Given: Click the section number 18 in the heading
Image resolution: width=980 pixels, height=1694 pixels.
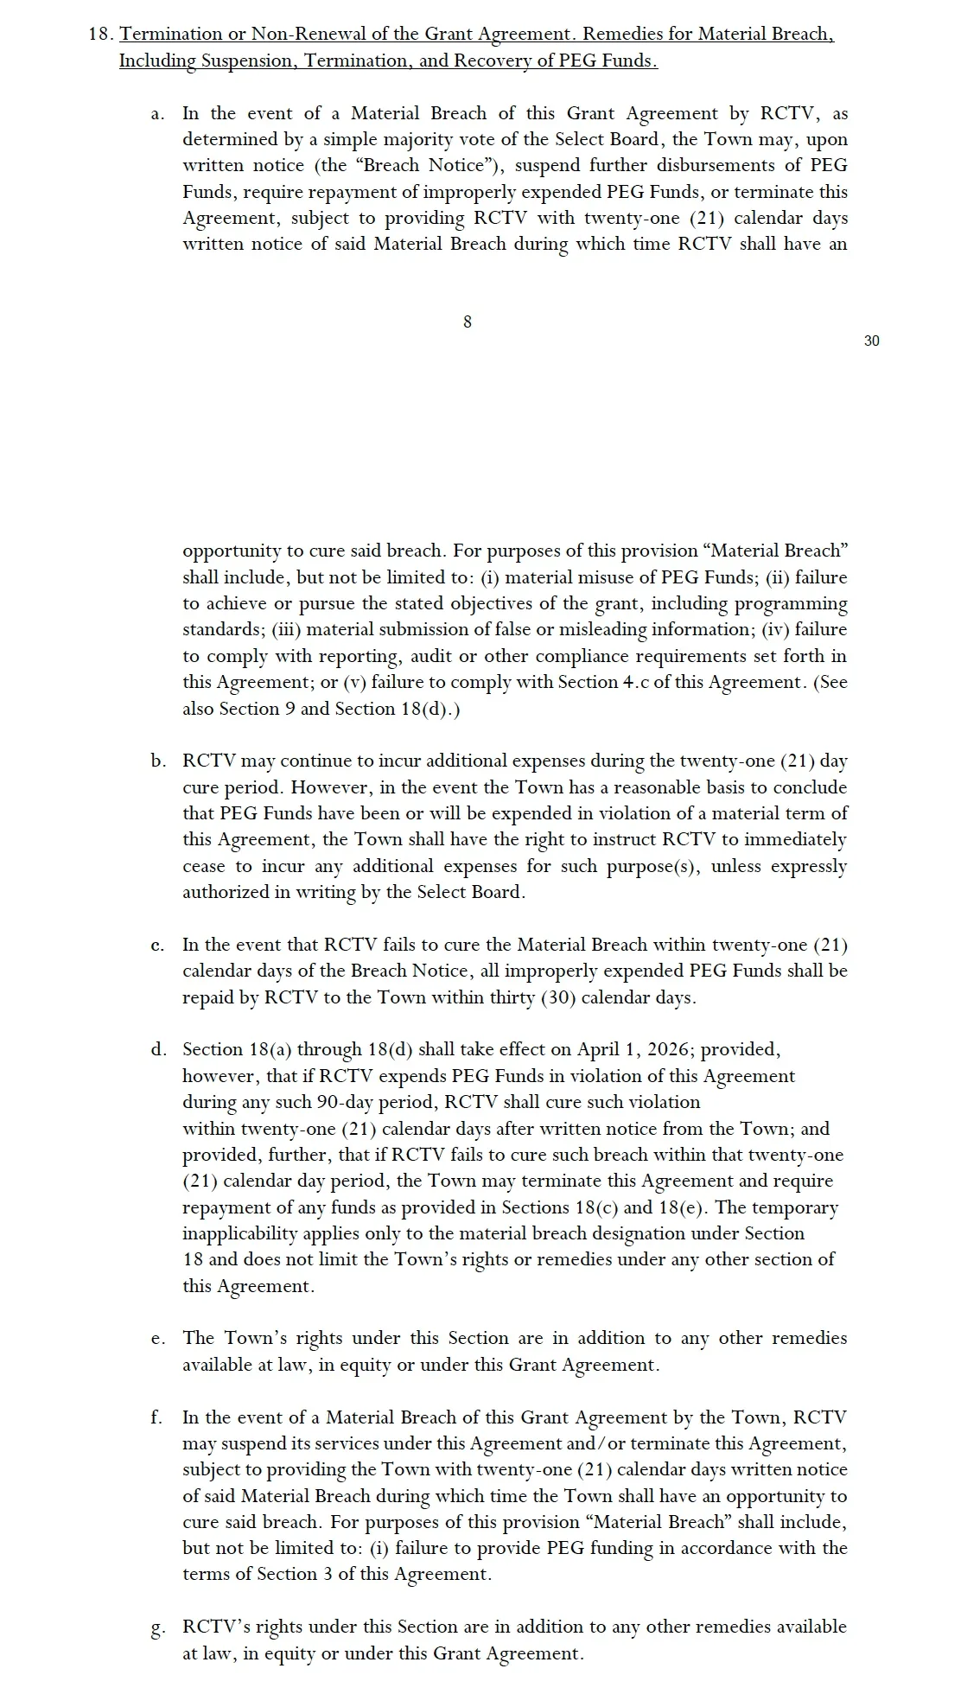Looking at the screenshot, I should click(x=99, y=35).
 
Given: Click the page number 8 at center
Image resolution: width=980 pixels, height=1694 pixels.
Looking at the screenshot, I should click(x=468, y=322).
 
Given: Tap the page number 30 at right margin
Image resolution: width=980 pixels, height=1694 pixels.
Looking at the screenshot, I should click(x=871, y=341).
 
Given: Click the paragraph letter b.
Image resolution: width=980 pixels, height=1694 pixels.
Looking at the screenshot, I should click(x=157, y=761).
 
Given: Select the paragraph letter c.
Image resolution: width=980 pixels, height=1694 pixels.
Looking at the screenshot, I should click(x=157, y=946).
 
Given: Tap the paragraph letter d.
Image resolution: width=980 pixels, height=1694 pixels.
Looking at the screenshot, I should click(x=157, y=1050).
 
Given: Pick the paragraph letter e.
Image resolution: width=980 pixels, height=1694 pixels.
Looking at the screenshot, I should click(x=157, y=1339).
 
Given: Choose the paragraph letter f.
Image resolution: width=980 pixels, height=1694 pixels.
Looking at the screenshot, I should click(x=157, y=1417).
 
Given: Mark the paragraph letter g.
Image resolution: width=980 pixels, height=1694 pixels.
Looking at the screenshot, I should click(x=157, y=1627).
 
